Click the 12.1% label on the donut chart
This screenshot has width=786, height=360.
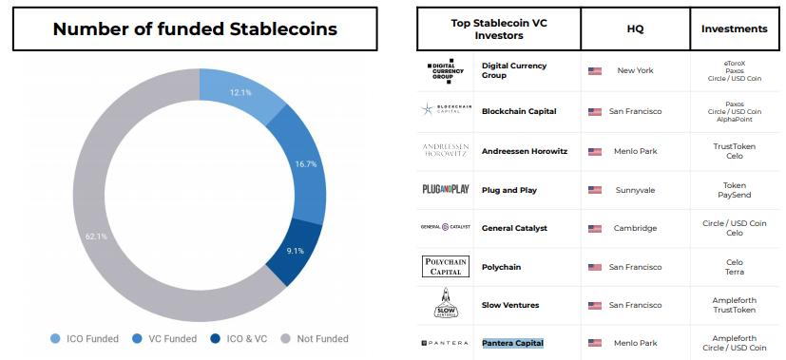[240, 93]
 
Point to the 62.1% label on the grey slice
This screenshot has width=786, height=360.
[96, 237]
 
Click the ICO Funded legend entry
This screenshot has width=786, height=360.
[85, 339]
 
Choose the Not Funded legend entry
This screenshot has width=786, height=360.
[314, 339]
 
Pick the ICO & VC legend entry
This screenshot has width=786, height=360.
[239, 339]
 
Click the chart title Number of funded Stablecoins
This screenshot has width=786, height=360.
[195, 29]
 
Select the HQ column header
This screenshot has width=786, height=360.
[635, 29]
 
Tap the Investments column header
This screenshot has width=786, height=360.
[735, 28]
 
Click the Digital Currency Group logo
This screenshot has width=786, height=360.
[445, 70]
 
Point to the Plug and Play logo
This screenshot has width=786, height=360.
[445, 189]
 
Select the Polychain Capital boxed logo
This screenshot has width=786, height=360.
[446, 266]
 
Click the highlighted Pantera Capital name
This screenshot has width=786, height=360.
[513, 343]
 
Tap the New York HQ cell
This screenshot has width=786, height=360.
[635, 70]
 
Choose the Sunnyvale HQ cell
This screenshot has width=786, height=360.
[635, 190]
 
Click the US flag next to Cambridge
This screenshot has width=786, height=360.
[595, 228]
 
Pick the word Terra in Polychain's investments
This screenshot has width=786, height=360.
[735, 272]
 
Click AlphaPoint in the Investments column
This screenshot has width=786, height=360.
[735, 119]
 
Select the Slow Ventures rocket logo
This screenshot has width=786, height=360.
[445, 303]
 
